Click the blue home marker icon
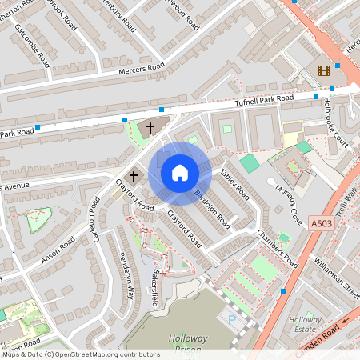tap(180, 172)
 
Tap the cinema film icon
tap(323, 70)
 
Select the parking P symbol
tap(232, 320)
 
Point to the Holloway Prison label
tap(188, 344)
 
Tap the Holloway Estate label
tap(303, 323)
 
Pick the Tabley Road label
tap(235, 186)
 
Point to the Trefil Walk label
tap(346, 198)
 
